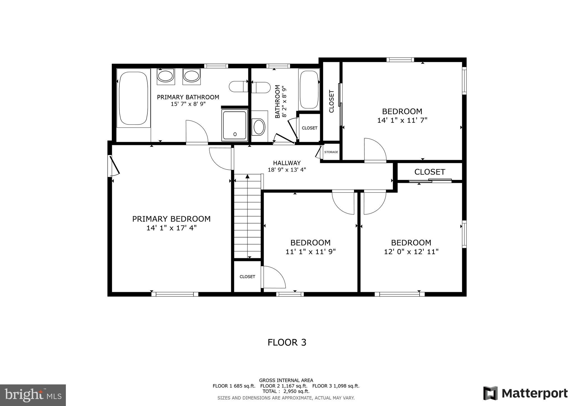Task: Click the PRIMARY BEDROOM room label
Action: pos(171,219)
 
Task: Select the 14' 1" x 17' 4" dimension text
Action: pos(171,228)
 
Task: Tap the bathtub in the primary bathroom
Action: pos(133,98)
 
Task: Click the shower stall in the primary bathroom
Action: pos(235,125)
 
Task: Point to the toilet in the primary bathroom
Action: pos(238,87)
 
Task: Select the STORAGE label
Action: pos(331,152)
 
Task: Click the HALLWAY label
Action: pos(287,163)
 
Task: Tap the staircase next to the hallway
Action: pos(247,216)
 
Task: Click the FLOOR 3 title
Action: pos(287,342)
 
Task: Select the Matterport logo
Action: pos(525,393)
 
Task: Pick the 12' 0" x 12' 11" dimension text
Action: pos(411,252)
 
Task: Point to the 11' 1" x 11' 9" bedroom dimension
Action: pos(310,252)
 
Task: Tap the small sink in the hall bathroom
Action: pos(259,127)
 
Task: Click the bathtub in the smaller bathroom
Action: pos(309,89)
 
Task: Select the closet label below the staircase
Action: pos(247,277)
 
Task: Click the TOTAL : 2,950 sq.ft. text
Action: pos(286,391)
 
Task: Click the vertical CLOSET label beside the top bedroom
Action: pos(331,101)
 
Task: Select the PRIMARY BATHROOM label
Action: pos(188,97)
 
